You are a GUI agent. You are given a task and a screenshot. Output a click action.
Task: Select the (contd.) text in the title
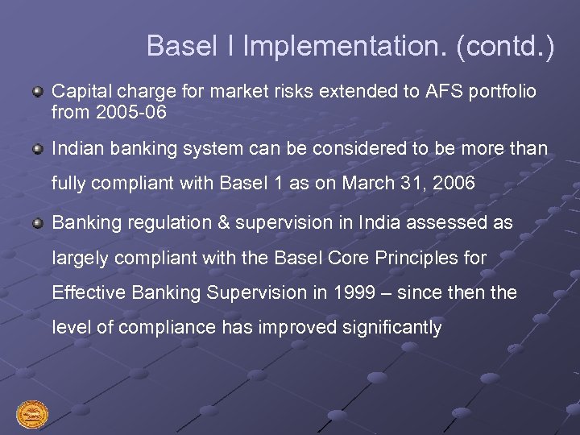pyautogui.click(x=505, y=46)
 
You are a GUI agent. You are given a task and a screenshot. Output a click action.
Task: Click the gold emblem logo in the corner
pyautogui.click(x=32, y=415)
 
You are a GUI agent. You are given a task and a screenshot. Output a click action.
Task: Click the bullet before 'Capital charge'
pyautogui.click(x=38, y=93)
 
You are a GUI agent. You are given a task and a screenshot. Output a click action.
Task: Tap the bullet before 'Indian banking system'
pyautogui.click(x=38, y=149)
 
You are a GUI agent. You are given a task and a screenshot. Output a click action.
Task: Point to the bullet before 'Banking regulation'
pyautogui.click(x=38, y=223)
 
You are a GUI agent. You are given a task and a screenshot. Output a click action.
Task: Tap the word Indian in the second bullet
pyautogui.click(x=78, y=149)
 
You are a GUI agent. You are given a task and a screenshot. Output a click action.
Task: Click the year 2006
pyautogui.click(x=454, y=184)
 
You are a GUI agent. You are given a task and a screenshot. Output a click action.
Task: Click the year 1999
pyautogui.click(x=358, y=293)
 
